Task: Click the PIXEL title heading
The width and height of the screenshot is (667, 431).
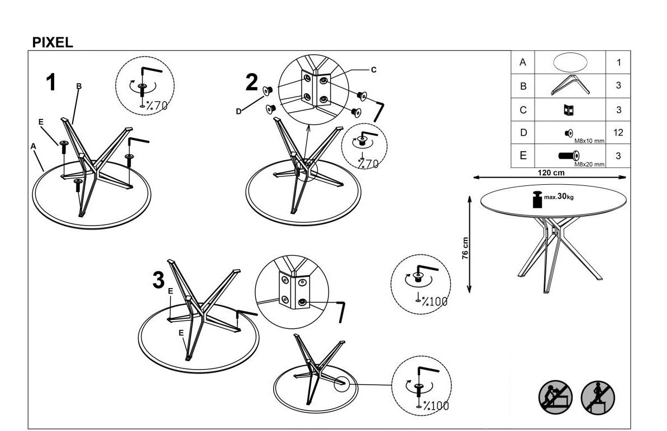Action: coord(53,43)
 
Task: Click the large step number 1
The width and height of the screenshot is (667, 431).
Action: coord(51,83)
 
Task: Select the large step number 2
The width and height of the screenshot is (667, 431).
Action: coord(252,83)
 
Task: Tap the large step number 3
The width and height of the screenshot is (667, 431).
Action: coord(159,280)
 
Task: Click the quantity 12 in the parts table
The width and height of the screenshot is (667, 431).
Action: coord(618,133)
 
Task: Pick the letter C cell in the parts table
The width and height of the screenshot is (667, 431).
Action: coord(523,110)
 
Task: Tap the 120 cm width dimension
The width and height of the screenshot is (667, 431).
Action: coord(550,173)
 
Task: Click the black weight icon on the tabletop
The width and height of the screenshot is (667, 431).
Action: coord(537,200)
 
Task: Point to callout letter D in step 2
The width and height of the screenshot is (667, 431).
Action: coord(238,111)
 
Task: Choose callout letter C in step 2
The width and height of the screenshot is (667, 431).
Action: coord(374,70)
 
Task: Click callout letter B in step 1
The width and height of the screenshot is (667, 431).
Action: coord(79,86)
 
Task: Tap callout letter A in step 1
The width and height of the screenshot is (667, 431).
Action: coord(34,146)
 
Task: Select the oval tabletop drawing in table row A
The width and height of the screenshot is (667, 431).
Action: coord(570,63)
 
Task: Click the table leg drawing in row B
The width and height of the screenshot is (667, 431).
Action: coord(570,85)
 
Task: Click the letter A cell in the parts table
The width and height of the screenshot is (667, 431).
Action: coord(523,63)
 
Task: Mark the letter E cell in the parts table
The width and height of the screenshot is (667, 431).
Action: coord(523,156)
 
